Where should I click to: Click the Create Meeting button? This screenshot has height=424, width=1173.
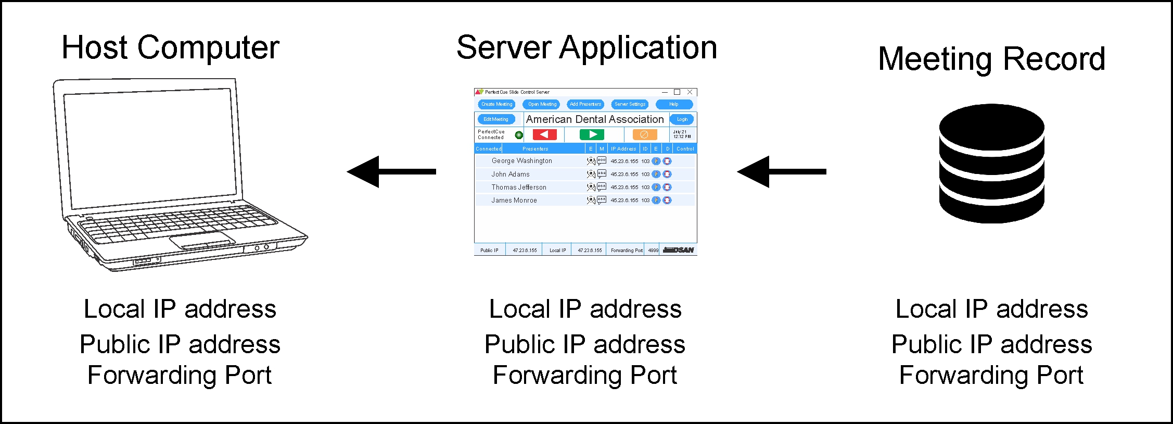point(496,104)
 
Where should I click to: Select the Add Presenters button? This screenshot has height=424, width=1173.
point(585,104)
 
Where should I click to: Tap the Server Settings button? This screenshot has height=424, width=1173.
point(630,104)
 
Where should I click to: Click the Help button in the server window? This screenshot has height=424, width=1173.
point(673,104)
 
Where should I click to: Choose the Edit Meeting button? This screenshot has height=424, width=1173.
point(495,119)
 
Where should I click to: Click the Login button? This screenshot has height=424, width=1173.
point(682,119)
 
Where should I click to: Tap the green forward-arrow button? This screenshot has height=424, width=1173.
point(592,134)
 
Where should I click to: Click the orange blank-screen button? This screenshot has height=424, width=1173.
point(644,134)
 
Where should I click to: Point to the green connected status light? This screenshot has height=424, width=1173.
point(519,135)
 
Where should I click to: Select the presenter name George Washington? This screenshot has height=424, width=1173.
point(521,161)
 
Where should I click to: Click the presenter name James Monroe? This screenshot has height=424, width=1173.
point(514,200)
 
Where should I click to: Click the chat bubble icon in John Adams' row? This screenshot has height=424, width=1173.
point(602,174)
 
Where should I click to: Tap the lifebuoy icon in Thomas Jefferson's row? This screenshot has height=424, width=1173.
point(667,187)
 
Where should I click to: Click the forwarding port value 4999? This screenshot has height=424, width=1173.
point(653,251)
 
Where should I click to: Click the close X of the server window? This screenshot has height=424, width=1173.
point(690,92)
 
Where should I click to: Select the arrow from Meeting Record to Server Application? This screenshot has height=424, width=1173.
point(781,171)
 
